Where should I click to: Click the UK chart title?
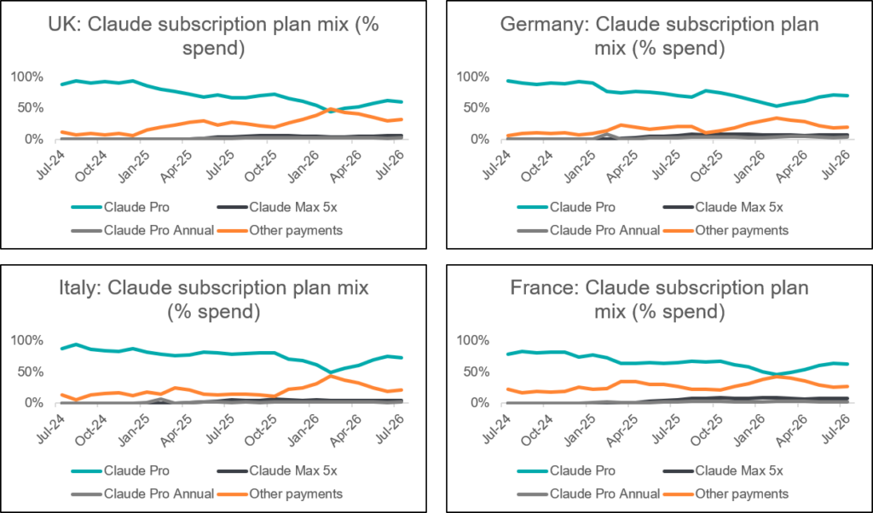213,36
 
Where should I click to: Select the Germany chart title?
660,36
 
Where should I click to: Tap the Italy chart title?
214,299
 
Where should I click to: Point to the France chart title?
660,299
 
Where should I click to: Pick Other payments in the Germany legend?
726,230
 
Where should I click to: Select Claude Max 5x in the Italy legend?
277,470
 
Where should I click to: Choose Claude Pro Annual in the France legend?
588,494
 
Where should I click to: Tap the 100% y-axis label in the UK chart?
26,77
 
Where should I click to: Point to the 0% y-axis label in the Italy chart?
33,402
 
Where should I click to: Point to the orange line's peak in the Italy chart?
331,376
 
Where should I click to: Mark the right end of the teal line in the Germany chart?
847,95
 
